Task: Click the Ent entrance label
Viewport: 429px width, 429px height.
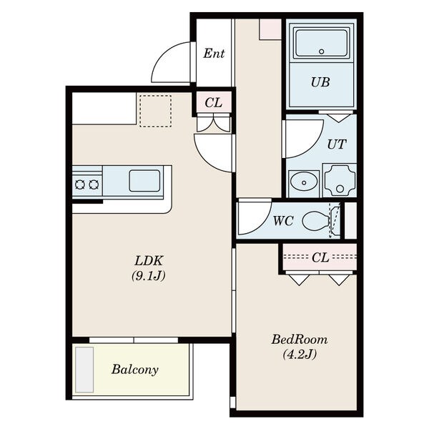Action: (214, 54)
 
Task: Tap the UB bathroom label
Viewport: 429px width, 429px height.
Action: (320, 82)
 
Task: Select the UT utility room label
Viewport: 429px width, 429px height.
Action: (337, 144)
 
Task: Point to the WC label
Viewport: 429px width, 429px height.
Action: (283, 221)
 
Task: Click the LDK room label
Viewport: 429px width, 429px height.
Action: (149, 261)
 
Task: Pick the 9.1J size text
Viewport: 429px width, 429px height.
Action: (149, 276)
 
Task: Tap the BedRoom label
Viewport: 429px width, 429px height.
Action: (300, 340)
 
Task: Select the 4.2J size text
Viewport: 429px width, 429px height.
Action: (300, 355)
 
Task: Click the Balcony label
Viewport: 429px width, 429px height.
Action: (135, 370)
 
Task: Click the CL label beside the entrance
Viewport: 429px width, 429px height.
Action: (213, 103)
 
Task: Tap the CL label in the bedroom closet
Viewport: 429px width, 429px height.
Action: (320, 257)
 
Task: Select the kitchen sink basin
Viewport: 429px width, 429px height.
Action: (144, 181)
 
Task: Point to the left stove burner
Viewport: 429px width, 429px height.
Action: (80, 184)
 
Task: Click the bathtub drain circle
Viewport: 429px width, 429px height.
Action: (322, 51)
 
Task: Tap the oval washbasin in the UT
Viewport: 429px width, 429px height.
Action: (304, 181)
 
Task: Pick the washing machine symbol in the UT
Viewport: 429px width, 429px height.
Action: (340, 180)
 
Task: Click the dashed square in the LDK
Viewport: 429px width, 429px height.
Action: (156, 111)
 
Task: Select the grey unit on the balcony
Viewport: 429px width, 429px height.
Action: (84, 370)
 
